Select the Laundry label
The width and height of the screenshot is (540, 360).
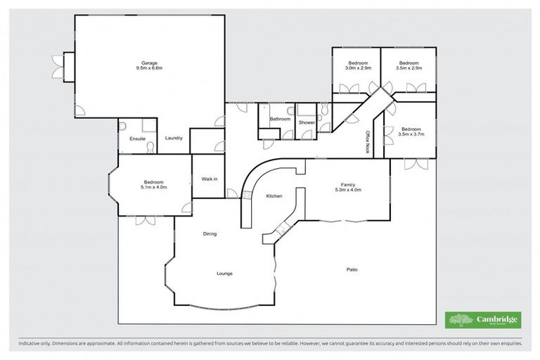pos(174,138)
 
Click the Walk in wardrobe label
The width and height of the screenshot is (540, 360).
pos(210,179)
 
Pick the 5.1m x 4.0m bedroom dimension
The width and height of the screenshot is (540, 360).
pos(154,188)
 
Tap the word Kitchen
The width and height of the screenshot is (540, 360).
pos(274,196)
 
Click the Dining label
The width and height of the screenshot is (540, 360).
pos(210,233)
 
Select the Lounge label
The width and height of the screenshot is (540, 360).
pos(224,273)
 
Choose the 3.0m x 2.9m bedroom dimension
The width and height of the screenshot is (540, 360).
pos(357,69)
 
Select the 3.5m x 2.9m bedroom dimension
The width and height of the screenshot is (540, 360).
pos(409,69)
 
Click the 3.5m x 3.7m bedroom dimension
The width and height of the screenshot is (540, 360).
pos(411,134)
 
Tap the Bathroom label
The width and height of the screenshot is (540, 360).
pos(281,119)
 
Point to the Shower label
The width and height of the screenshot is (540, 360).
pos(307,122)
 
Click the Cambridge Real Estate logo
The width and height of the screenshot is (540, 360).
pos(482,319)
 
